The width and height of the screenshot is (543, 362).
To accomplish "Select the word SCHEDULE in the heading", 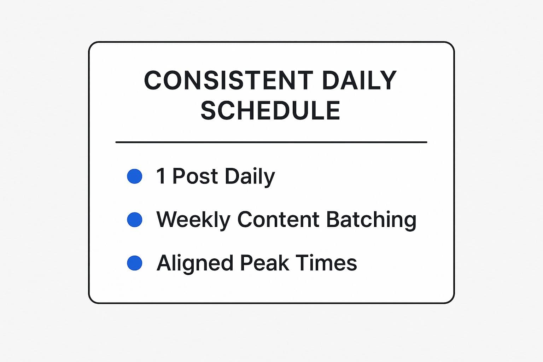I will point(270,110).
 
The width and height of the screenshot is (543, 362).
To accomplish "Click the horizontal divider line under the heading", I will point(271,142).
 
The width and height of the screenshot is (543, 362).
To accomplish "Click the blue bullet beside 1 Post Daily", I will point(135,176).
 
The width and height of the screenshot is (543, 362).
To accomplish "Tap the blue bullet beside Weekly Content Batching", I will point(135,220).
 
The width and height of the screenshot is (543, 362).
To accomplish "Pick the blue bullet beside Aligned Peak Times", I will point(135,263).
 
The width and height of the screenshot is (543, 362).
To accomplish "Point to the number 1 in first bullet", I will point(161,176).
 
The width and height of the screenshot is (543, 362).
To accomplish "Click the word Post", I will point(195,176).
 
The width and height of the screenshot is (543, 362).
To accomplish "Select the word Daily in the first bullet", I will point(250,176).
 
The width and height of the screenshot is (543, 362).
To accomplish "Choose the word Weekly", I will point(193,220).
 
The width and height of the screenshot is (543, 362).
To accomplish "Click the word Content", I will point(279,220).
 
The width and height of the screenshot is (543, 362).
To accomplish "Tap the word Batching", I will point(371,220).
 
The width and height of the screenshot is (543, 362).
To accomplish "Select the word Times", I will point(326,263).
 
